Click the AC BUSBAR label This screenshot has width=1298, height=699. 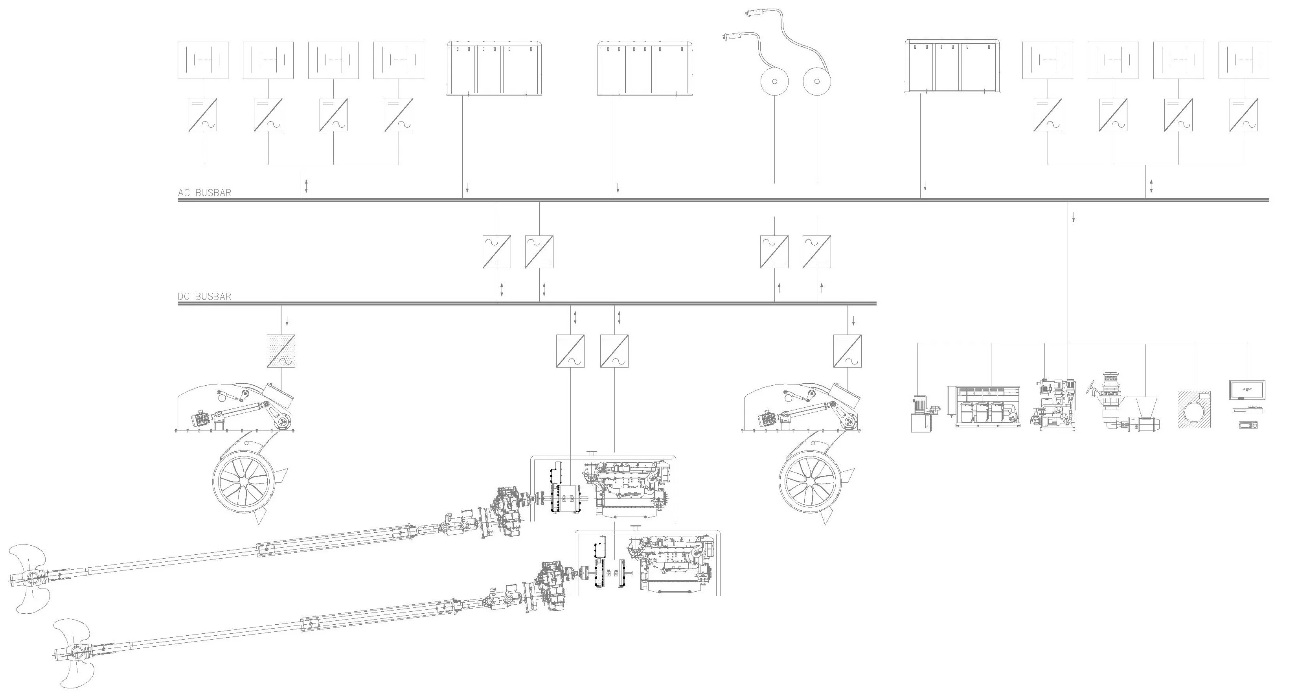[x=204, y=193]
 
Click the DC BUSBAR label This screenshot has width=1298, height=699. [x=204, y=296]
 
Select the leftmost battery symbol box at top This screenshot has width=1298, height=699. [x=202, y=60]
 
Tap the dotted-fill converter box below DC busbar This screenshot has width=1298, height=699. [x=281, y=351]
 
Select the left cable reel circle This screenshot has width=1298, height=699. [x=774, y=81]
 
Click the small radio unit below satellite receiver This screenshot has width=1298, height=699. [x=1247, y=425]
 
